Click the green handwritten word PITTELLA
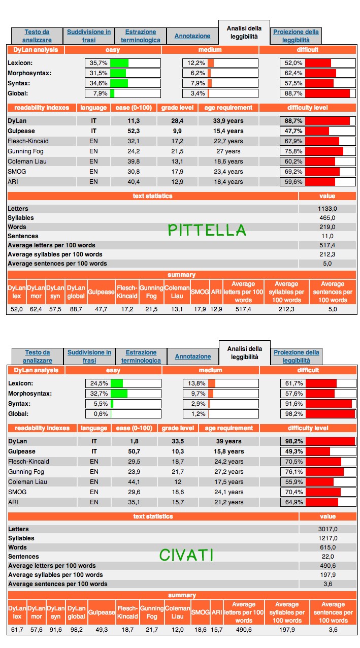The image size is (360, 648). pyautogui.click(x=207, y=230)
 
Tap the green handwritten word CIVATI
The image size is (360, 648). pyautogui.click(x=186, y=555)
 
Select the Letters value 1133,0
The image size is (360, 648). pyautogui.click(x=328, y=209)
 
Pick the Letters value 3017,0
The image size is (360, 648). pyautogui.click(x=328, y=529)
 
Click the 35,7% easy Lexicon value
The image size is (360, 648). pyautogui.click(x=99, y=63)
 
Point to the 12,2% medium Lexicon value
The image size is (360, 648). pyautogui.click(x=196, y=63)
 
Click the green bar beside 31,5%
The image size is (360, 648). pyautogui.click(x=118, y=73)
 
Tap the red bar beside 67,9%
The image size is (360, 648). pyautogui.click(x=322, y=141)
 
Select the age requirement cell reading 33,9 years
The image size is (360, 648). pyautogui.click(x=228, y=121)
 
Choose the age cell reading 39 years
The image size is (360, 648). pyautogui.click(x=228, y=441)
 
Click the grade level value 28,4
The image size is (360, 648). pyautogui.click(x=177, y=121)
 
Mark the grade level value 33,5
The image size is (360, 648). pyautogui.click(x=178, y=441)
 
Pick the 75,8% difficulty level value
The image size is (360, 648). pyautogui.click(x=293, y=151)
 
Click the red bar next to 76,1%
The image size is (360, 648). pyautogui.click(x=325, y=472)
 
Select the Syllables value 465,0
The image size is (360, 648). pyautogui.click(x=328, y=218)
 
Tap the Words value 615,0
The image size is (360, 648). pyautogui.click(x=328, y=547)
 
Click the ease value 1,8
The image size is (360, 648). pyautogui.click(x=134, y=441)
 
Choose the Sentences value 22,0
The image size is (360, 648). pyautogui.click(x=328, y=557)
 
